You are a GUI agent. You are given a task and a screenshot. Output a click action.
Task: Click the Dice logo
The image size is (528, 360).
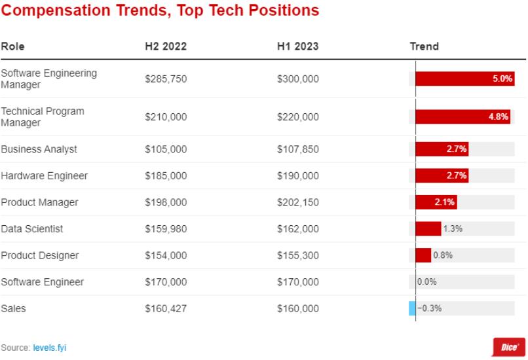pyautogui.click(x=509, y=347)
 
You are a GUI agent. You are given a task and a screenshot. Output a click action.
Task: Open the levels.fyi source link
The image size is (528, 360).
pyautogui.click(x=50, y=348)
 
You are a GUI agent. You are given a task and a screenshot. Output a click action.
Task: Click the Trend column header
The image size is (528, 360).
pyautogui.click(x=424, y=46)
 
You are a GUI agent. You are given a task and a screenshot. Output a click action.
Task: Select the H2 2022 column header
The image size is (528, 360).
pyautogui.click(x=166, y=46)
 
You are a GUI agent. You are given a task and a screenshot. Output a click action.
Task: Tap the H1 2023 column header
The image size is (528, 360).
pyautogui.click(x=297, y=46)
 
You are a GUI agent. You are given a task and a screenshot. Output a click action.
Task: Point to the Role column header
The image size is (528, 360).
pyautogui.click(x=13, y=46)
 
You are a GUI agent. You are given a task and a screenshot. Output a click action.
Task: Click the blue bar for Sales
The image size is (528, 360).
pyautogui.click(x=412, y=308)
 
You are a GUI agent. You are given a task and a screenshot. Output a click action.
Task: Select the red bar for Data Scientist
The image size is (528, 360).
pyautogui.click(x=428, y=229)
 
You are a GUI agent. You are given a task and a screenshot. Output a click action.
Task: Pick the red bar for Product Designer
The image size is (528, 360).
pyautogui.click(x=423, y=255)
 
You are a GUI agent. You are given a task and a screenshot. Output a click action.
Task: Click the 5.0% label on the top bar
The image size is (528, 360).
pyautogui.click(x=502, y=79)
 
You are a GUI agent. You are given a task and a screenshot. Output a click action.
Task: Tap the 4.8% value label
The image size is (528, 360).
pyautogui.click(x=499, y=117)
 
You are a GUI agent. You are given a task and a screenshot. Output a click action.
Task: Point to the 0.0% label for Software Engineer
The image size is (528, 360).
pyautogui.click(x=427, y=281)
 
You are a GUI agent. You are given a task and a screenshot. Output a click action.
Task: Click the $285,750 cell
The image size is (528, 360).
pyautogui.click(x=166, y=79)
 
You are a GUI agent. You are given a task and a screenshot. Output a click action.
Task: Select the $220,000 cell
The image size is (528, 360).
pyautogui.click(x=297, y=117)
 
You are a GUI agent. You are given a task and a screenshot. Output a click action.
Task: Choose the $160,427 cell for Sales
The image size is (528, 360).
pyautogui.click(x=166, y=308)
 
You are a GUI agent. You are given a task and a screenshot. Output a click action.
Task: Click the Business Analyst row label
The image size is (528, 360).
pyautogui.click(x=39, y=149)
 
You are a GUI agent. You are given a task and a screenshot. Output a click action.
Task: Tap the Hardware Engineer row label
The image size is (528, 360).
pyautogui.click(x=45, y=175)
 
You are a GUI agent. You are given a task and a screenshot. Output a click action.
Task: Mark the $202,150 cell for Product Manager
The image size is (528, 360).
pyautogui.click(x=297, y=202)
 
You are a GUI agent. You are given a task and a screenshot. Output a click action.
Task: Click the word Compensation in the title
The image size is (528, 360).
pyautogui.click(x=56, y=10)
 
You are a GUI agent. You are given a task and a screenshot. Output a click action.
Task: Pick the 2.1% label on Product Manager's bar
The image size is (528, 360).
pyautogui.click(x=445, y=202)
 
